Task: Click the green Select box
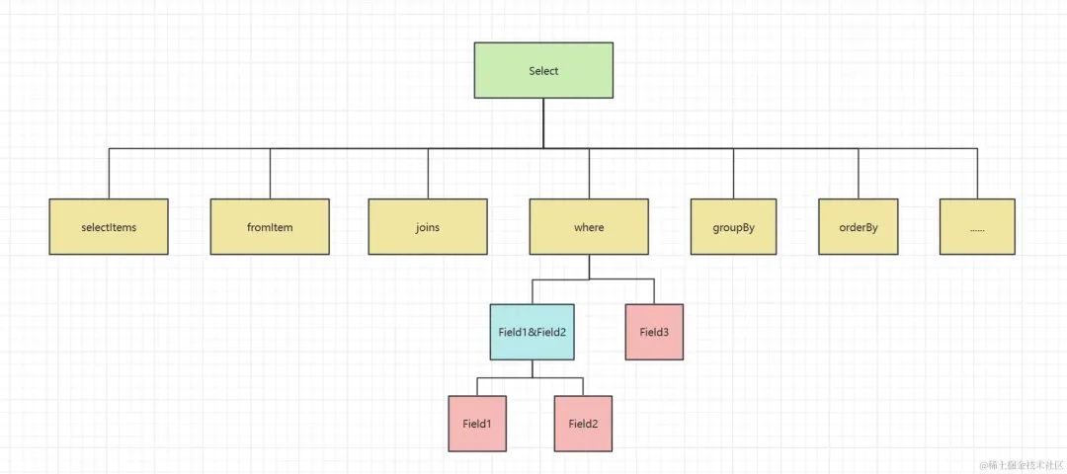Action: [x=543, y=70]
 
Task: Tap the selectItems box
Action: [x=109, y=226]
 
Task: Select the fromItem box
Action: [x=270, y=226]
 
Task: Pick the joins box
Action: [x=428, y=226]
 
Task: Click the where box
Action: [x=589, y=226]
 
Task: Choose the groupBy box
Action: [x=733, y=226]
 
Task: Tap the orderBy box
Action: [x=859, y=226]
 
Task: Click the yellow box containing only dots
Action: [x=977, y=226]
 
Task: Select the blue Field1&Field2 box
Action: [x=533, y=332]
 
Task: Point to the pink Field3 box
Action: [x=654, y=332]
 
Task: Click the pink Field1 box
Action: [x=477, y=424]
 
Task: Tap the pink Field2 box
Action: [x=583, y=424]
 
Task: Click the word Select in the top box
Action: [x=543, y=71]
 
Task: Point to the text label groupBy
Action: [x=733, y=227]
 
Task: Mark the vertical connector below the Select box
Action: [x=543, y=123]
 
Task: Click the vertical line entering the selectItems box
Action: [x=109, y=174]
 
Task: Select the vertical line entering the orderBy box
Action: [x=859, y=174]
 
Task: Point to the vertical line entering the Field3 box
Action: [x=654, y=291]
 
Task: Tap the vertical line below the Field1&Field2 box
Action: [x=533, y=368]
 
